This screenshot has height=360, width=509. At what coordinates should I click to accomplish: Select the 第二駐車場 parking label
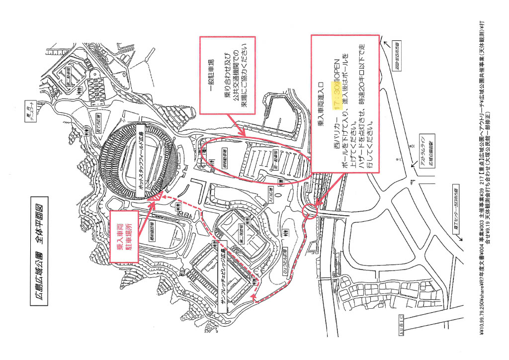[68, 77]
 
